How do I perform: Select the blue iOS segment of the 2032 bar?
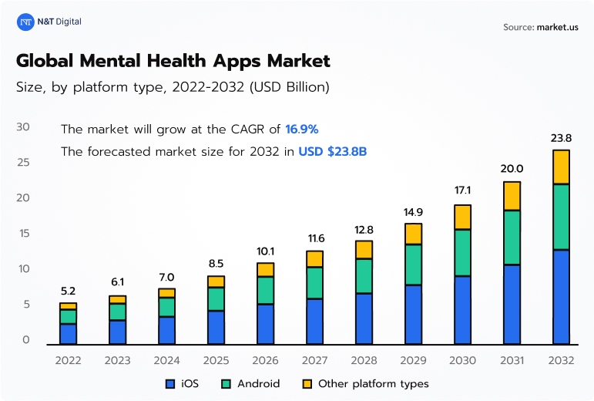(x=560, y=297)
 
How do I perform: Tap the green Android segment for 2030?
(x=462, y=252)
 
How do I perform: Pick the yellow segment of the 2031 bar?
(x=512, y=196)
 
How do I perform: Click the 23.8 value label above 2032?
(x=560, y=138)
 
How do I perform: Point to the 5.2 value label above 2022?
(x=68, y=291)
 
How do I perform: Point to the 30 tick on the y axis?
(x=23, y=126)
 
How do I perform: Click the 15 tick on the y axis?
(x=23, y=233)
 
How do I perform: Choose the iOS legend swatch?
(x=170, y=383)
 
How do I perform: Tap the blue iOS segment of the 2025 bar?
(x=216, y=327)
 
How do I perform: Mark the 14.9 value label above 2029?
(x=413, y=212)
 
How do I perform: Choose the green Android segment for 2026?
(x=265, y=290)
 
